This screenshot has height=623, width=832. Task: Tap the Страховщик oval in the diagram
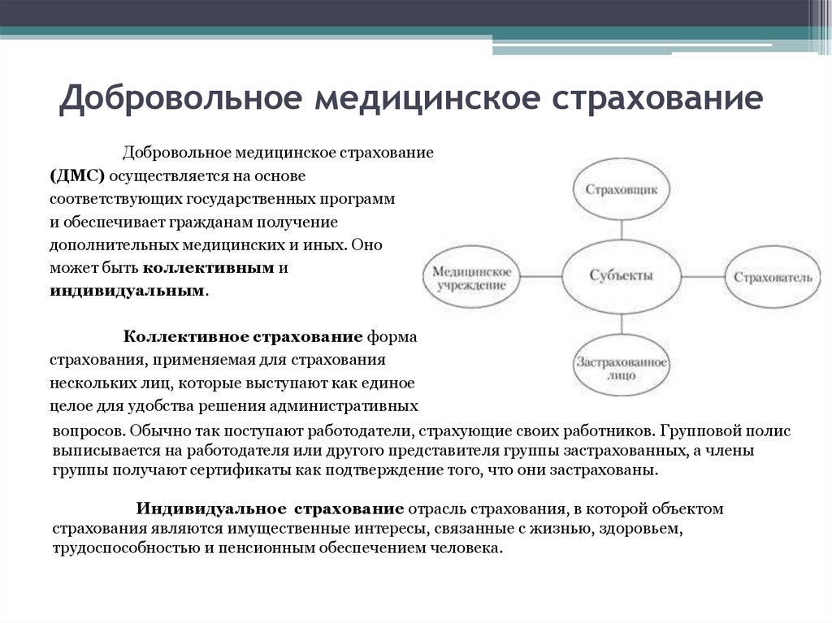point(622,188)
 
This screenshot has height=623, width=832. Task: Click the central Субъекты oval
point(622,275)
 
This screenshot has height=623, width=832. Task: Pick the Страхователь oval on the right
point(772,277)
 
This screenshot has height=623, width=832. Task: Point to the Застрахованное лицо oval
point(622,367)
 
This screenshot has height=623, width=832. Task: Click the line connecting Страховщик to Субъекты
point(622,231)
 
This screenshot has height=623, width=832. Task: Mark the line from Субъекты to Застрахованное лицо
point(622,322)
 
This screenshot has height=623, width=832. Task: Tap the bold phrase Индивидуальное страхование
point(270,508)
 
